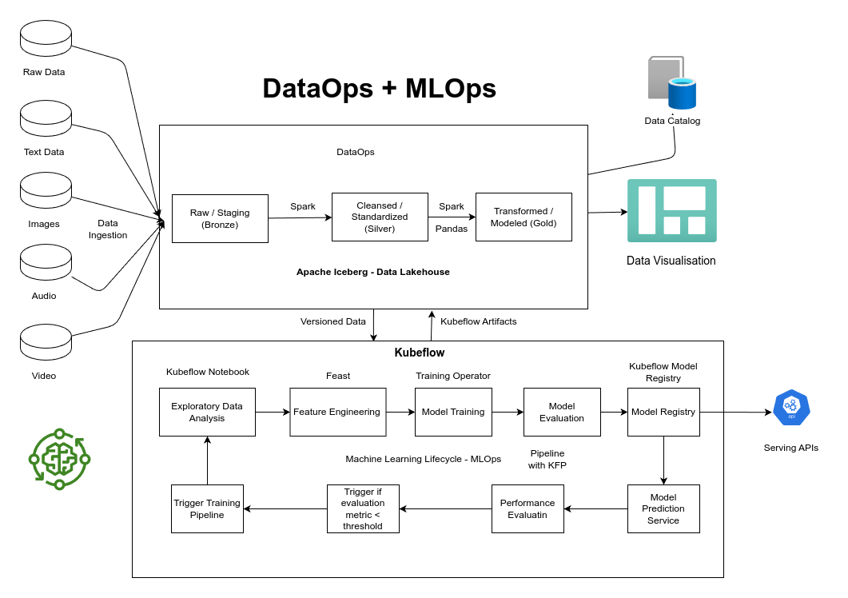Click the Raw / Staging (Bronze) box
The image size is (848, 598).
click(220, 218)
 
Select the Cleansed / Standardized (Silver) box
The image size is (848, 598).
click(380, 217)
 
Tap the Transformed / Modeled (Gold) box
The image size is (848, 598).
click(524, 217)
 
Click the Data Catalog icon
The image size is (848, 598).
click(671, 83)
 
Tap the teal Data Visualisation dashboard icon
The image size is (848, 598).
click(671, 210)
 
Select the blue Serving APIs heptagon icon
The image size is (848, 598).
click(791, 409)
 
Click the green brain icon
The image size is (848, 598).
click(59, 459)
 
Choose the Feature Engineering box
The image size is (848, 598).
click(337, 412)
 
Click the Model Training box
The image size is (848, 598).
click(453, 412)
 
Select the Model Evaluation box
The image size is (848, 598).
click(562, 412)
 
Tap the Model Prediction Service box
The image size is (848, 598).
click(663, 508)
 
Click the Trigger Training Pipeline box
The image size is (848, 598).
click(207, 508)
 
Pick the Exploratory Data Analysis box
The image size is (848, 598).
click(207, 412)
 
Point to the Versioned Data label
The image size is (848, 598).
click(332, 321)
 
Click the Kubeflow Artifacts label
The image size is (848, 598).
click(478, 321)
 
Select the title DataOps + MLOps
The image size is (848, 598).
click(379, 88)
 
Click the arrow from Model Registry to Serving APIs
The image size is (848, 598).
click(735, 413)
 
